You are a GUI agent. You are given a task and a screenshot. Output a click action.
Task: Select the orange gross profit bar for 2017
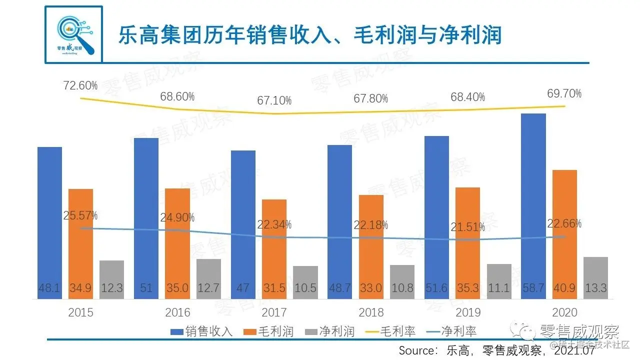(274, 245)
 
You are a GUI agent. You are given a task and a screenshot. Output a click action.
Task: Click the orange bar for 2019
(467, 240)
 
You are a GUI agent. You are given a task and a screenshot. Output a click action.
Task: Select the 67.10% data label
(274, 100)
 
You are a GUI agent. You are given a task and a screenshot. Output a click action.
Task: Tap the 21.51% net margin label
(468, 227)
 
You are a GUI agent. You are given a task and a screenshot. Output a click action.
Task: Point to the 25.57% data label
(80, 216)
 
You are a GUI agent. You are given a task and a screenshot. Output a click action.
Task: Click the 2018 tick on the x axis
(371, 313)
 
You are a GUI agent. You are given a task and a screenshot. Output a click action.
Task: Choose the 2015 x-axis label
(81, 313)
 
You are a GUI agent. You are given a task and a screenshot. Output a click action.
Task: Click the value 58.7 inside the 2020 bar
(533, 288)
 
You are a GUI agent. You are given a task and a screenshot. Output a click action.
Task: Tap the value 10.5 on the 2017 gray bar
(305, 288)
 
